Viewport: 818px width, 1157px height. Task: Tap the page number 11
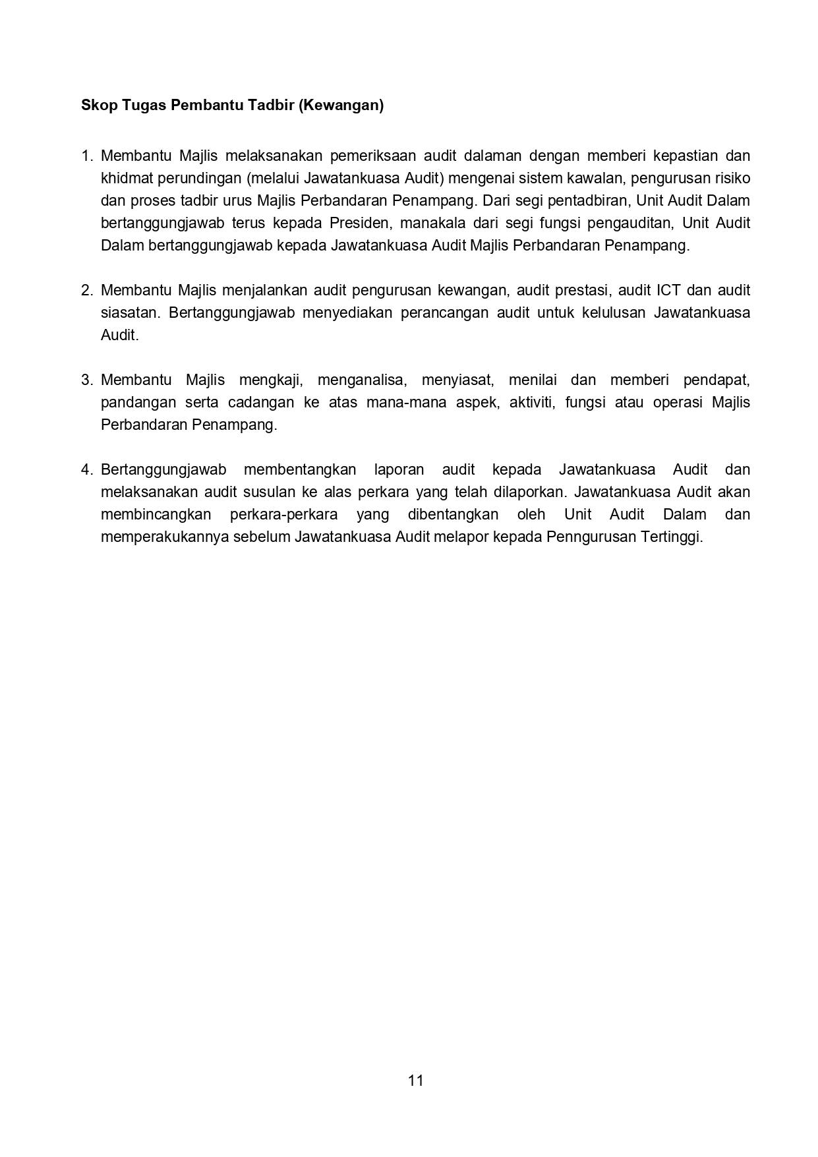tap(415, 1080)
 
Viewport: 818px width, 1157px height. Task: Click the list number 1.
tap(86, 156)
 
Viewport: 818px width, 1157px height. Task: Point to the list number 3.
tap(86, 380)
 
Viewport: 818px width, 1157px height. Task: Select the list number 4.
tap(86, 470)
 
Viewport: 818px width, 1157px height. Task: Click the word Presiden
tap(359, 223)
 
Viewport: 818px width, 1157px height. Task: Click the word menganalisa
tap(361, 380)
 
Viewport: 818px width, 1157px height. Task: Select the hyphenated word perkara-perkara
tap(283, 515)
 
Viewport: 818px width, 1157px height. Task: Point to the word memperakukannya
tap(164, 537)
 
